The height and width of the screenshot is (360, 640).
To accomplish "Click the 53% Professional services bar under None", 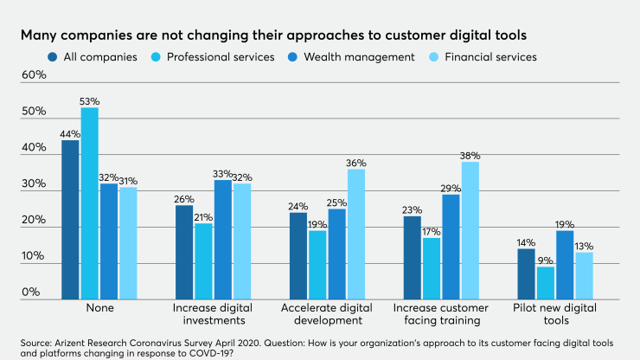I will [89, 204].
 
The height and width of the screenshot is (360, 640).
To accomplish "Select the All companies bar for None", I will [70, 220].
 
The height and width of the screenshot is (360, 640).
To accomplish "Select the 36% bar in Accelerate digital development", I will [356, 235].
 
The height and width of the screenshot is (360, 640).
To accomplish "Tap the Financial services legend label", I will [492, 57].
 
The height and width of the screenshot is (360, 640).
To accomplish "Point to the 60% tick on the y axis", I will [34, 75].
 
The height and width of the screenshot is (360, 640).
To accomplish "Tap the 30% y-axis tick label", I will [34, 184].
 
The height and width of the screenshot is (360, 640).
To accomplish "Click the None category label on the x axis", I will [99, 308].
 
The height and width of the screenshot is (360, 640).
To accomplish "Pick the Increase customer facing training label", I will [442, 314].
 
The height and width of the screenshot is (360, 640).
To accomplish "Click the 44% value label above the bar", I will [70, 134].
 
